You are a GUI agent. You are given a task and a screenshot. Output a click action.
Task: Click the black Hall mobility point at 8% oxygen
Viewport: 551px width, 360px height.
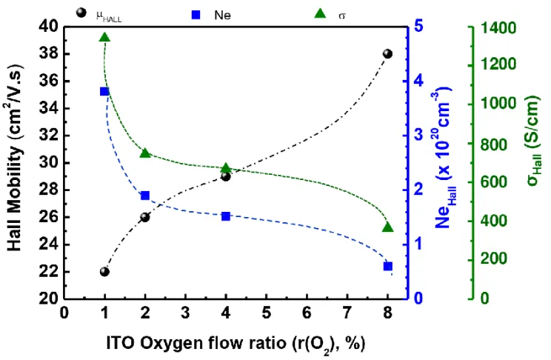387,54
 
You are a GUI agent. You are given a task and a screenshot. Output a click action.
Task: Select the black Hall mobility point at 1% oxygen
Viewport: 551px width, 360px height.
104,271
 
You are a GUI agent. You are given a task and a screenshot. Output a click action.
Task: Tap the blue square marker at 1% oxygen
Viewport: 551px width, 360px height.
104,91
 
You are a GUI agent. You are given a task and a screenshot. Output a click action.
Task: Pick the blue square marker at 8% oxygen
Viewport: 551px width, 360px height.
387,266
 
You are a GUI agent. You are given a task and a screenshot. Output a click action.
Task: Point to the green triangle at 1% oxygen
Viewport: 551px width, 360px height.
104,37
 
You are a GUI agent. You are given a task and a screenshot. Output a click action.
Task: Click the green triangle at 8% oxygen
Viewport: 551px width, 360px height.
387,227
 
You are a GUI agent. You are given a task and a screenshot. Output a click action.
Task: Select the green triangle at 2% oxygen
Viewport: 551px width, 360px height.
145,153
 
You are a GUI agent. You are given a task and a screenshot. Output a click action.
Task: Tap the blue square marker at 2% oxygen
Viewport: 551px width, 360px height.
145,196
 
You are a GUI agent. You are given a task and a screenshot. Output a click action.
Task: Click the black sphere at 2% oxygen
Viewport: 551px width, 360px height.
145,217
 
